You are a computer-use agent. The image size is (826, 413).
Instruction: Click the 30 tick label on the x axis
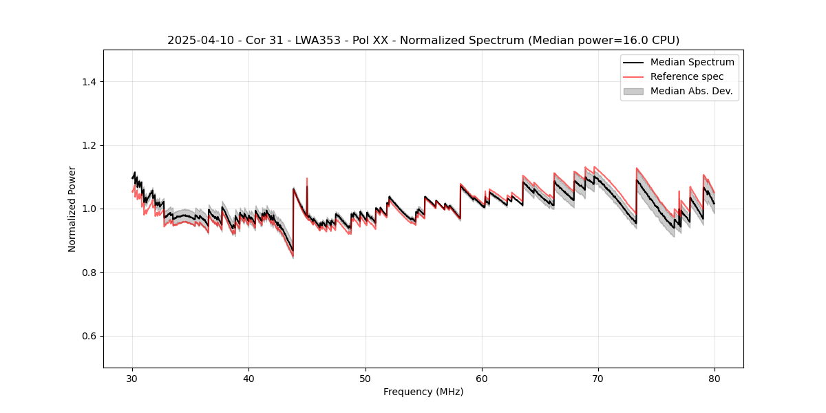click(133, 378)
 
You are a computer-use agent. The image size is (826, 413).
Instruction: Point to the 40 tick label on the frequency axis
click(249, 378)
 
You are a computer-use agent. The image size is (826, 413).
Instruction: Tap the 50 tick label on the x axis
click(366, 378)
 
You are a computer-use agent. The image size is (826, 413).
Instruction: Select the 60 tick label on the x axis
click(482, 378)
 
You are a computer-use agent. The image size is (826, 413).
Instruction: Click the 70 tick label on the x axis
click(598, 378)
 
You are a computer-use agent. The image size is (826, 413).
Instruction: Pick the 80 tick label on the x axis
click(714, 378)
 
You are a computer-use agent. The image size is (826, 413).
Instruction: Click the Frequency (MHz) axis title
click(423, 392)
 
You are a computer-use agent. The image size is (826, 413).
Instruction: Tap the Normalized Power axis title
click(72, 209)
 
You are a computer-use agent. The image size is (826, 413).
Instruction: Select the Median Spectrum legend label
click(692, 63)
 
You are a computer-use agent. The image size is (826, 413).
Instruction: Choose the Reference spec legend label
click(686, 76)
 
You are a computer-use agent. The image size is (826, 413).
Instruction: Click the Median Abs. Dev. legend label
click(692, 91)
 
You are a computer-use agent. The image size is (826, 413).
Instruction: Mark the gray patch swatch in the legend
click(633, 91)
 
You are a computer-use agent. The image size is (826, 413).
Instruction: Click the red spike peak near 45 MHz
click(307, 178)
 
